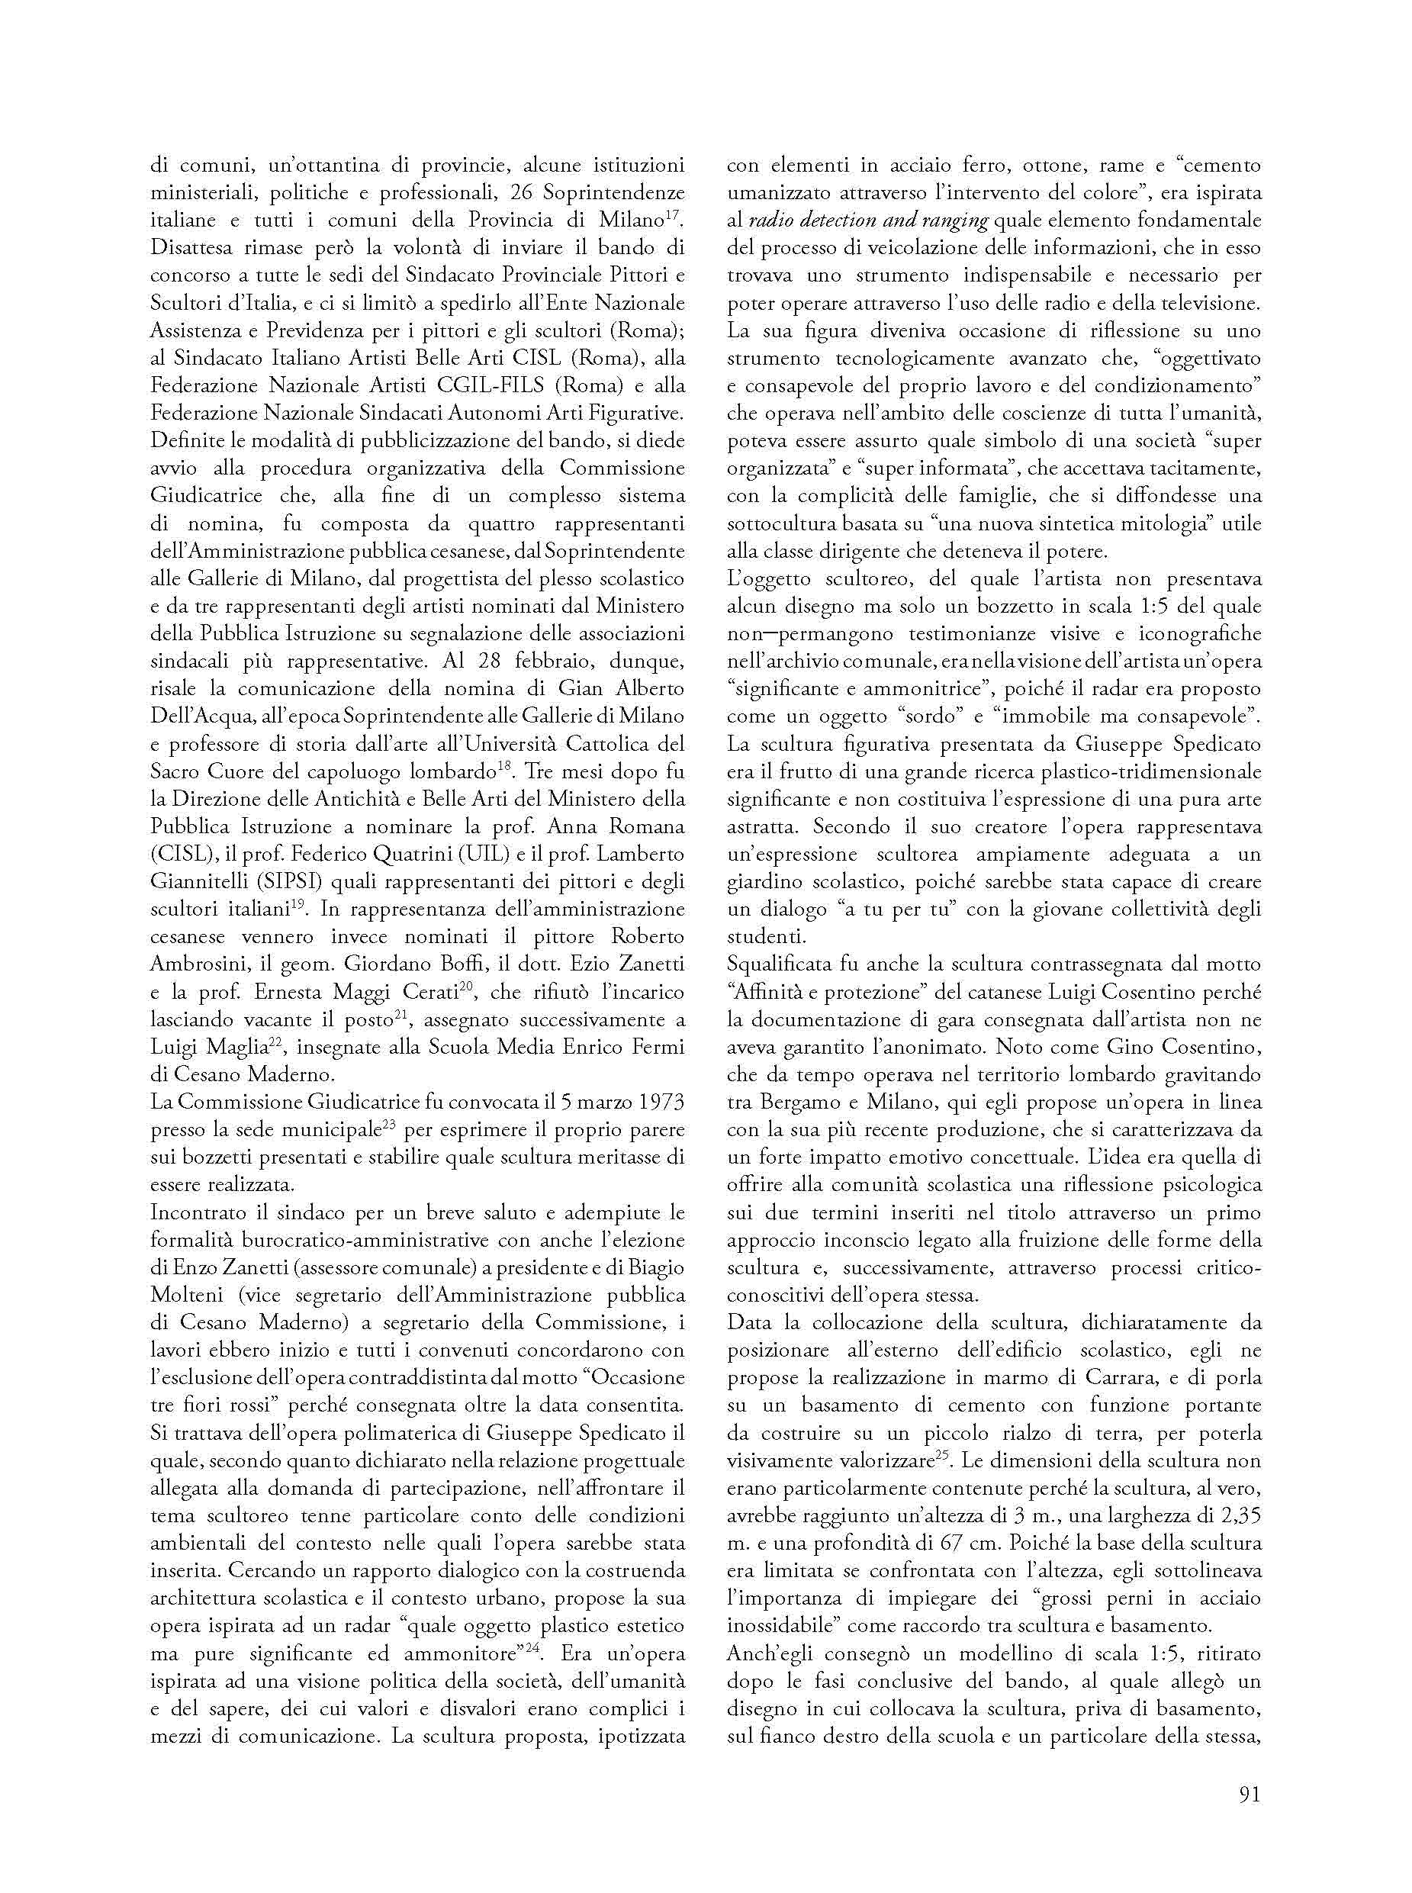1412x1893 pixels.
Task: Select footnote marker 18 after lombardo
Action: tap(507, 767)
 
